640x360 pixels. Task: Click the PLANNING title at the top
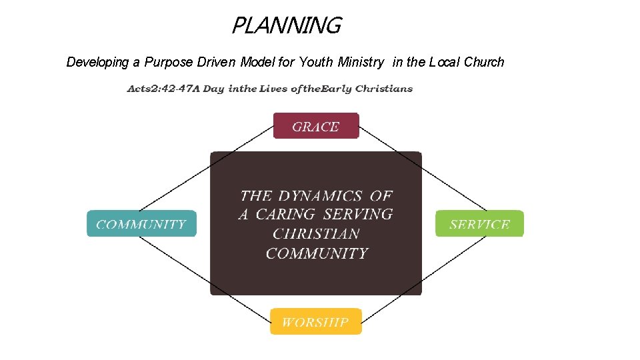click(x=286, y=26)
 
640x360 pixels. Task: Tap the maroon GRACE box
click(x=316, y=126)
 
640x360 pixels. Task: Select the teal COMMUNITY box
click(x=141, y=224)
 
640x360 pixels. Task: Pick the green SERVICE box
click(x=479, y=224)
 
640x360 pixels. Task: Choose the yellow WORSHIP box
click(x=315, y=322)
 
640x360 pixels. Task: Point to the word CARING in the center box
click(x=285, y=215)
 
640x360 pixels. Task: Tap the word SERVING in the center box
click(x=358, y=215)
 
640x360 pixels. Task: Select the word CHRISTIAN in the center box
click(x=316, y=234)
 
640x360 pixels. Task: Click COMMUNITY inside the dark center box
click(x=317, y=253)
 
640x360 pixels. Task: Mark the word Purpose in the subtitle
click(x=169, y=63)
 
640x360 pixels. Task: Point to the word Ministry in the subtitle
click(x=361, y=63)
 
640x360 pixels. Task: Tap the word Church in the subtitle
click(x=484, y=63)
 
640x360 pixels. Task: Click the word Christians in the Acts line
click(x=384, y=89)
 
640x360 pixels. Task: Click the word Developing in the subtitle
click(x=98, y=63)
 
